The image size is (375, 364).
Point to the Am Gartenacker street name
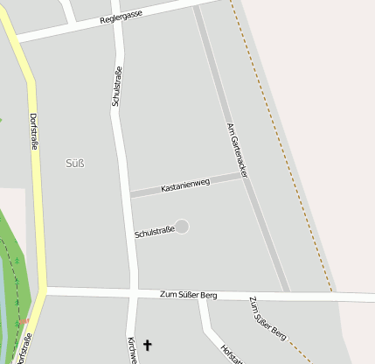pos(237,150)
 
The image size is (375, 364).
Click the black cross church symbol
pos(147,346)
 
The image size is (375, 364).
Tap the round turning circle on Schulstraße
pos(182,227)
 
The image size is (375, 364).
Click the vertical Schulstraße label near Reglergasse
pos(115,86)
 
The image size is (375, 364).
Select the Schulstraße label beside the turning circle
pos(155,232)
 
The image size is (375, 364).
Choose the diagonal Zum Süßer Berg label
pos(267,318)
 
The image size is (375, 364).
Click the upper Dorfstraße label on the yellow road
pos(33,131)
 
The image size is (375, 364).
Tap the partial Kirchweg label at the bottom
pos(131,350)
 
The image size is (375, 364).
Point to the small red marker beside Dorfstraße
pos(25,323)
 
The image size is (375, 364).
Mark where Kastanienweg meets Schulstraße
pos(130,193)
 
